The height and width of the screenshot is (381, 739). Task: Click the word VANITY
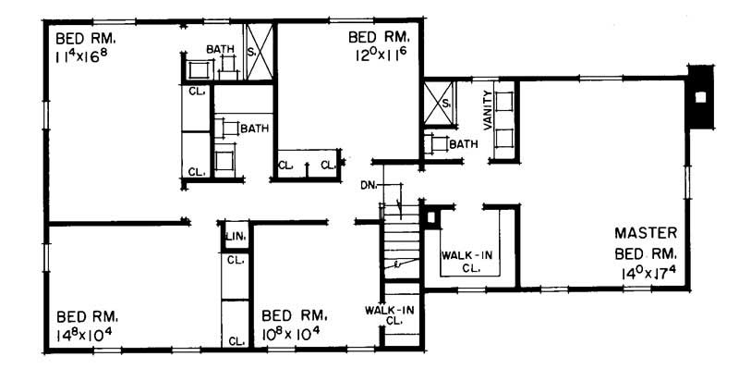click(x=487, y=110)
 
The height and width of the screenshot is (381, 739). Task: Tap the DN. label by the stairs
click(x=369, y=184)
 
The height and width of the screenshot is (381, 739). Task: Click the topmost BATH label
click(x=220, y=49)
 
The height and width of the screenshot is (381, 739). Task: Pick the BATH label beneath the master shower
click(x=464, y=144)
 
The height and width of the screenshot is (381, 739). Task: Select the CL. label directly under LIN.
click(x=235, y=260)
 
